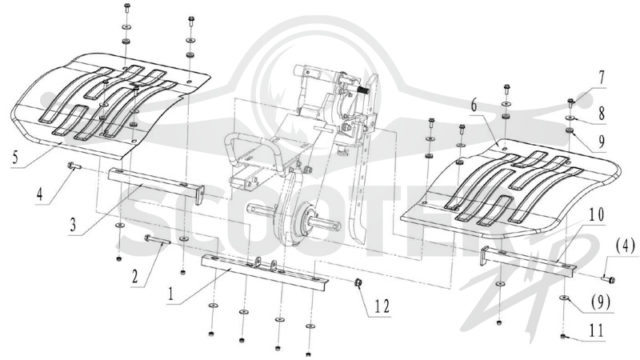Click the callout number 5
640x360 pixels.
[x=15, y=157]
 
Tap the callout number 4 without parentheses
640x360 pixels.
[x=39, y=194]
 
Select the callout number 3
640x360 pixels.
[x=73, y=225]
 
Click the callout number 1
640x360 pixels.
[x=170, y=294]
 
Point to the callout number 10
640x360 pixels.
[x=596, y=214]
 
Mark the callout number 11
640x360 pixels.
[x=596, y=330]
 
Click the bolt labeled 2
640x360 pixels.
[x=157, y=239]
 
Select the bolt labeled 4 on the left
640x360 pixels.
[x=74, y=166]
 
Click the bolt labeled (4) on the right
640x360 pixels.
[x=608, y=279]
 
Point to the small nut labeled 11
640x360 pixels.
[x=563, y=336]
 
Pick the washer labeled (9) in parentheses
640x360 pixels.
[x=564, y=298]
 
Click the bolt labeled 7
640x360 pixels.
[x=571, y=102]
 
